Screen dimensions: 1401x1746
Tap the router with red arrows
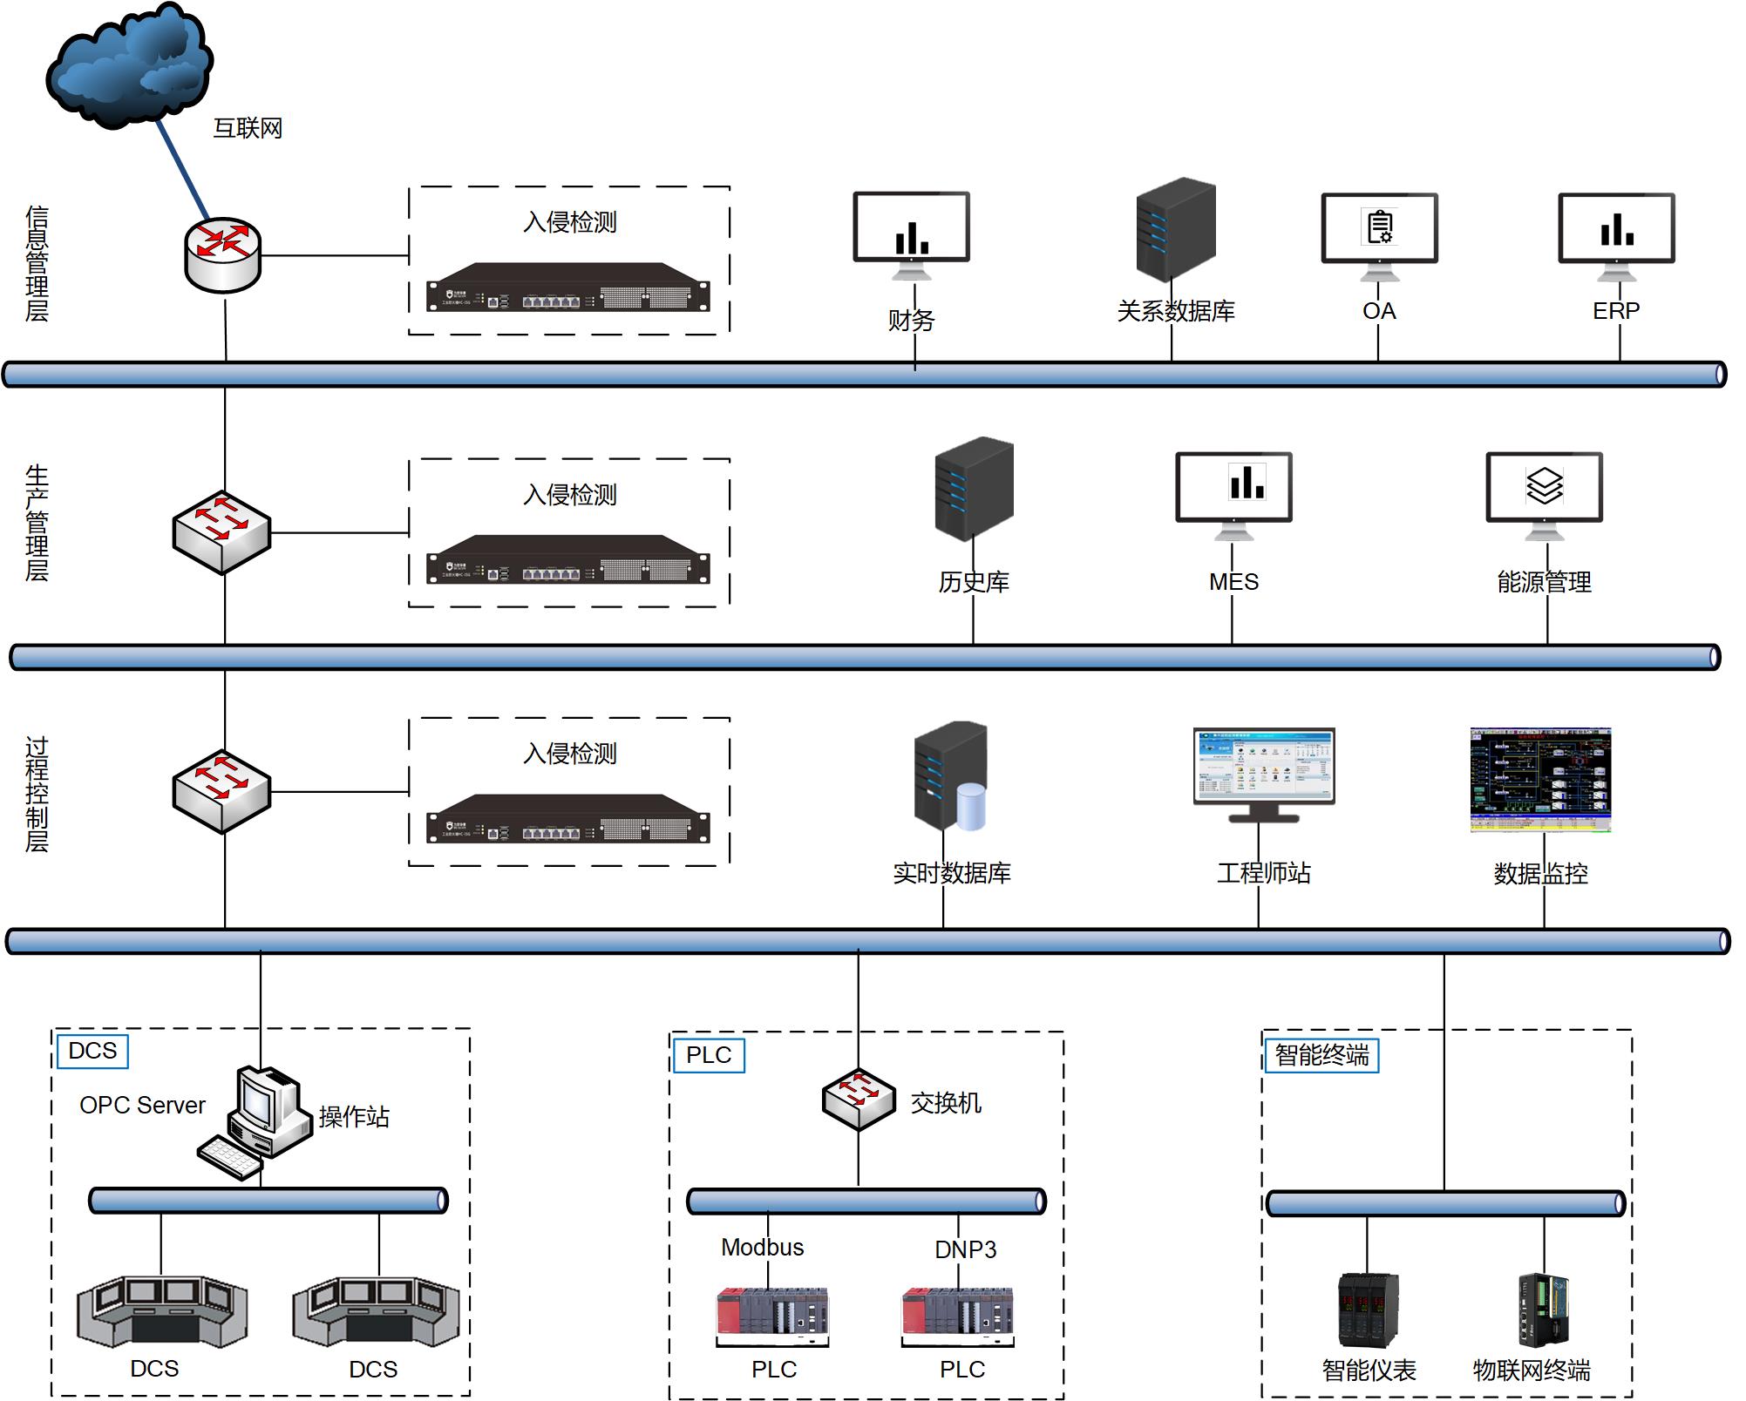223,254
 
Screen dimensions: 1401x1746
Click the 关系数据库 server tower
1175,228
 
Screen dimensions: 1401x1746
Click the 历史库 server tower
974,488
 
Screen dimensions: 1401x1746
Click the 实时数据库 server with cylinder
949,775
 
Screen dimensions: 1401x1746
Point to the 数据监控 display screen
1540,779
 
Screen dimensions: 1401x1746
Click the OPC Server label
142,1106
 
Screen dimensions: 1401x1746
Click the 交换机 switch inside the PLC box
859,1100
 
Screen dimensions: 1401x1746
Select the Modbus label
762,1248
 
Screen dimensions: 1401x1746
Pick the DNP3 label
965,1250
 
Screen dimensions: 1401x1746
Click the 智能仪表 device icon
1368,1310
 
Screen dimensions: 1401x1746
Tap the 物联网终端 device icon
1543,1310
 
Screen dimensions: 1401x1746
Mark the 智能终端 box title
1321,1055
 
